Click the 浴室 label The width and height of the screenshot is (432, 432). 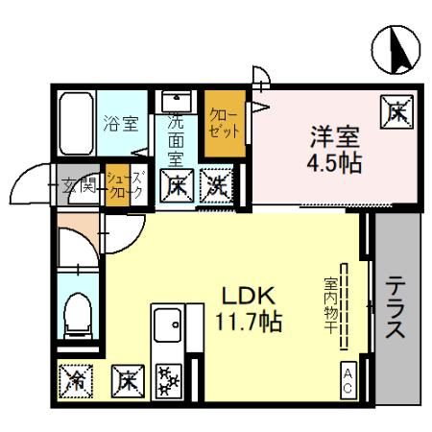coord(121,123)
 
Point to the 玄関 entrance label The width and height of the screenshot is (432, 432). coord(78,185)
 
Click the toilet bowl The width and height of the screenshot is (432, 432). coord(76,314)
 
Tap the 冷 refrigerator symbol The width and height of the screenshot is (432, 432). coord(75,380)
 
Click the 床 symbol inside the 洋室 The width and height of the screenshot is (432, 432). coord(396,112)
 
